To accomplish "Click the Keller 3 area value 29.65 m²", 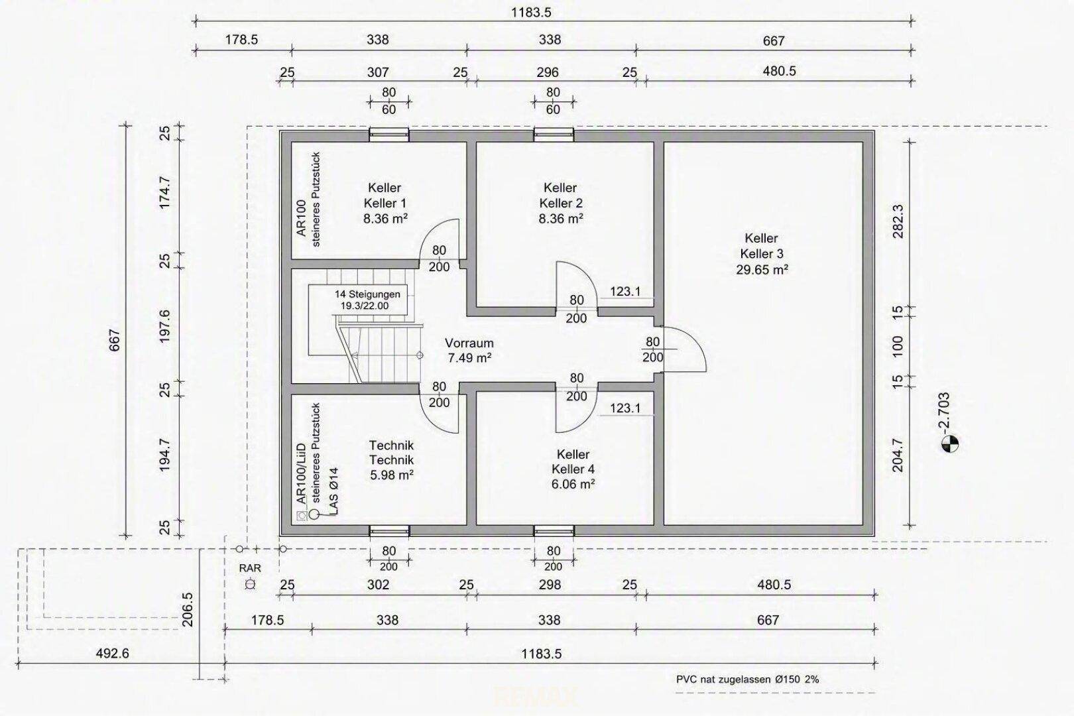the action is (762, 270).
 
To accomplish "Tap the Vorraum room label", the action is (469, 343).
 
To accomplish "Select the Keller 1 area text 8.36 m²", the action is (385, 219).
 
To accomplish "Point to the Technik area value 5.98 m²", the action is (392, 475).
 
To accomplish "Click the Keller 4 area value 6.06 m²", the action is (573, 484).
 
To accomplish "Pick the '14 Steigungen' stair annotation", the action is (367, 294).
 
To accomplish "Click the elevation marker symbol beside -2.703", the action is (949, 444).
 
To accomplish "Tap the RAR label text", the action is (250, 568).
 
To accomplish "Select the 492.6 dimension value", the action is (112, 653).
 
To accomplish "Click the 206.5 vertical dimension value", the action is (188, 609).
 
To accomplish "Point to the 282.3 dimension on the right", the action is (898, 221).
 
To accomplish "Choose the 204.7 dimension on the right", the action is (898, 455).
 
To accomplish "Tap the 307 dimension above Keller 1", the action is (378, 72).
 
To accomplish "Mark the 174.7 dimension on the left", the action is (164, 192).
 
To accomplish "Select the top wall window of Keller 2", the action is (554, 135).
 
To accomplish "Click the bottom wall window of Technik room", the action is (389, 531).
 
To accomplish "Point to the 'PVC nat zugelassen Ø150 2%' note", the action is (747, 679).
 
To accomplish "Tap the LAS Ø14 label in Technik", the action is (334, 491).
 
